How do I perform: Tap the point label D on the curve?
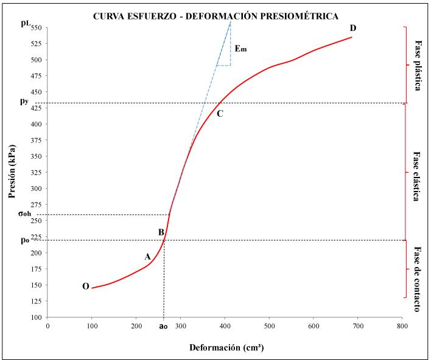(x=353, y=29)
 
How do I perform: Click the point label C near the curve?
(x=220, y=113)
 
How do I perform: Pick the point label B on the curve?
(x=161, y=232)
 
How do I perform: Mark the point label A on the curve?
(x=147, y=257)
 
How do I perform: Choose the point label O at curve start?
(x=86, y=286)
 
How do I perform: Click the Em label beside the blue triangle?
(x=241, y=49)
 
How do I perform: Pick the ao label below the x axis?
(x=163, y=326)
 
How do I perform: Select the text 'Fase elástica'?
(x=418, y=176)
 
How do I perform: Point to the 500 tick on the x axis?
(x=269, y=325)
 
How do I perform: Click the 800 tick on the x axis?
(x=402, y=325)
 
